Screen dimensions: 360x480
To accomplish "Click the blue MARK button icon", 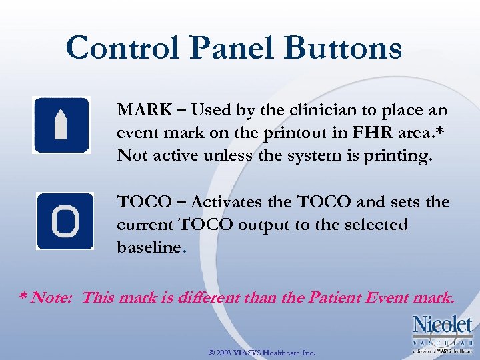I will [x=61, y=125].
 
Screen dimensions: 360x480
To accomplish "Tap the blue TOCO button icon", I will [x=65, y=221].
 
